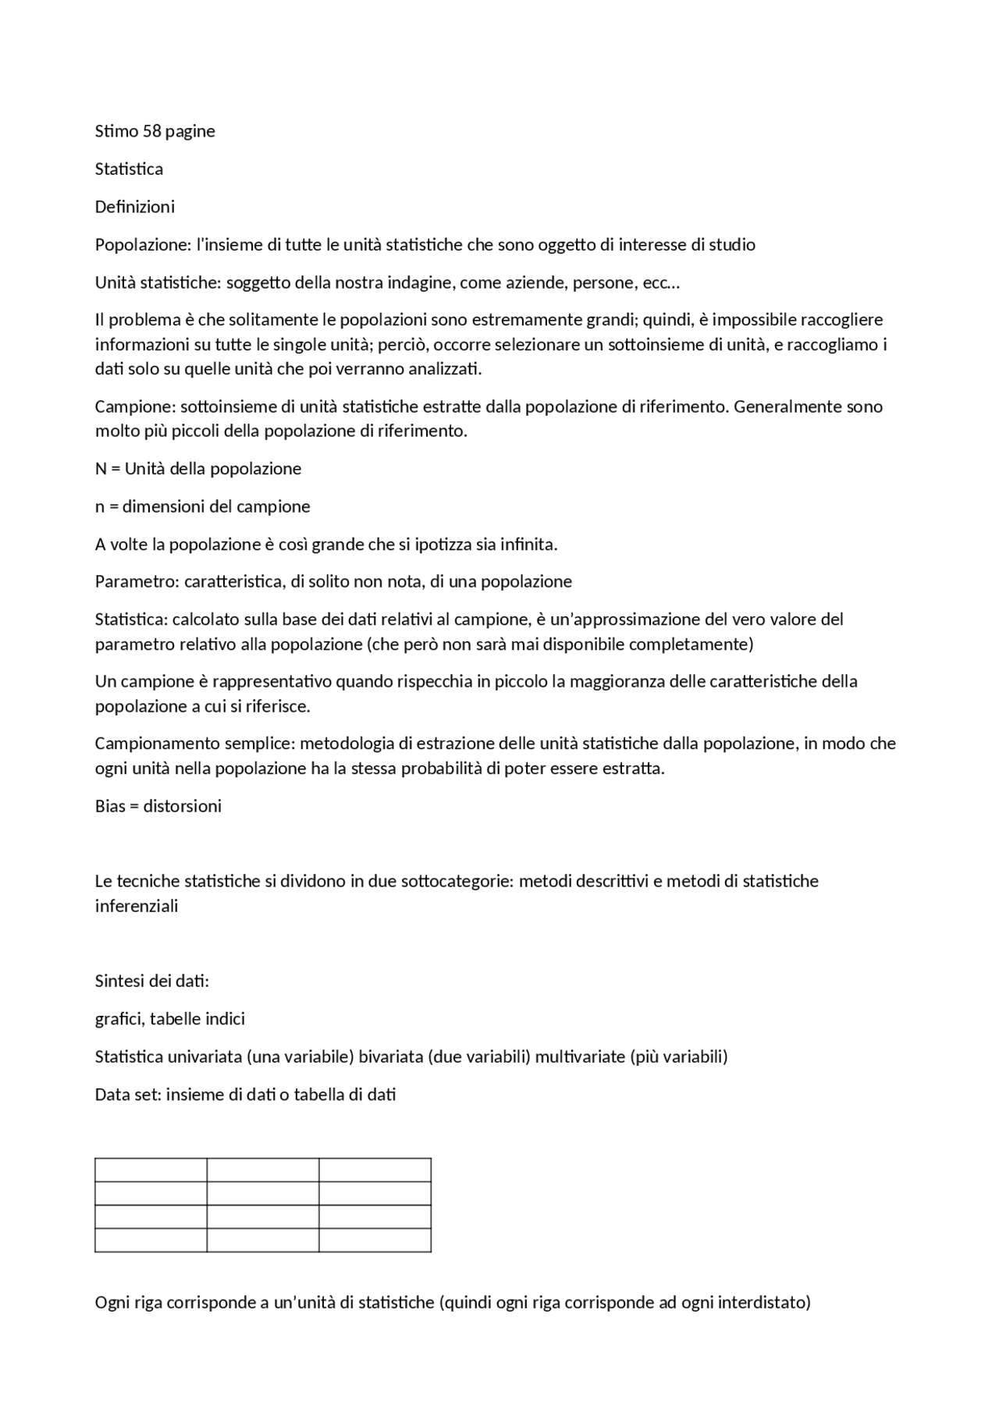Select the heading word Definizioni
tap(135, 207)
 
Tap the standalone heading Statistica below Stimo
tap(129, 169)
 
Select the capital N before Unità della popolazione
tap(101, 469)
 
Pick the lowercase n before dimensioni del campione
tap(100, 507)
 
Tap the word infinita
tap(527, 545)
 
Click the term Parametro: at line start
tap(137, 582)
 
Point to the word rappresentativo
tap(272, 682)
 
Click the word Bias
tap(110, 807)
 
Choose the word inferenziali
tap(137, 907)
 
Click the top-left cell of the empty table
tap(151, 1170)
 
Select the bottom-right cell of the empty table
tap(375, 1241)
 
